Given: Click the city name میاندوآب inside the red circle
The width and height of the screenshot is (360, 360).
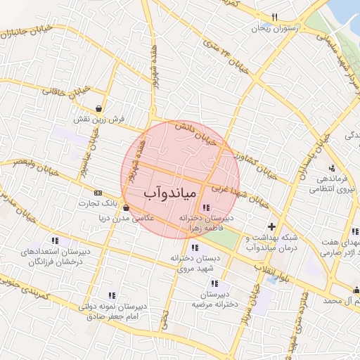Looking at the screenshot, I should coord(172,192).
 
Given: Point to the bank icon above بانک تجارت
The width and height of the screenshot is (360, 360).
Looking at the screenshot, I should coord(97,193).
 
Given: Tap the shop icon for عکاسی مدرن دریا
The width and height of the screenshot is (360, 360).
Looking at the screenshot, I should coord(125,208).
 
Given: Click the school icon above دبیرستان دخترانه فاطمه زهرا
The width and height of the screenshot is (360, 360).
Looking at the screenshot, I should coord(206,207).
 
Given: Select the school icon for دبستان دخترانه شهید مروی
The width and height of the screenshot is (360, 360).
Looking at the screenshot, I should coord(195,247).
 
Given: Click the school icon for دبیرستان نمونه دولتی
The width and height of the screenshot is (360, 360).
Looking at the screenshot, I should coord(111,295).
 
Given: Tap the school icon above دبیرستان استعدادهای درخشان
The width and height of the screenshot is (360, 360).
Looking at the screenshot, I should coord(55,240).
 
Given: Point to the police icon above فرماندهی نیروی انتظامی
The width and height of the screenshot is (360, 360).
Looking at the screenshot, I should coord(331,168).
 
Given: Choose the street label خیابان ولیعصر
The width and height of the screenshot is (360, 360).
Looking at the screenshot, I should coord(29,163).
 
